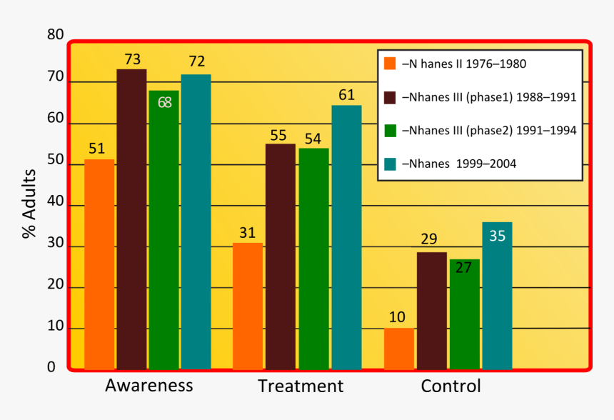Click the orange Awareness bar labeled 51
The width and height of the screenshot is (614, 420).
pos(99,264)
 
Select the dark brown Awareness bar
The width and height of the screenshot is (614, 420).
pos(131,219)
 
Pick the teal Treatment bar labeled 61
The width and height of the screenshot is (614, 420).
pos(346,237)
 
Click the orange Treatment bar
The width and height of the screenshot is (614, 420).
pos(248,306)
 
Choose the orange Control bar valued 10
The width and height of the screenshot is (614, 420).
pos(398,349)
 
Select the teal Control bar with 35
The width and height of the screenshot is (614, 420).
pos(497,296)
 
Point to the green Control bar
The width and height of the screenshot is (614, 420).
pos(464,314)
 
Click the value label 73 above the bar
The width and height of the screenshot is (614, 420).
pos(131,59)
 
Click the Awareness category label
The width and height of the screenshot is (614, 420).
pos(149,386)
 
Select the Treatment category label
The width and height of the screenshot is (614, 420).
pos(300,386)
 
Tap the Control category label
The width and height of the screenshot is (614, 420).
pos(451,386)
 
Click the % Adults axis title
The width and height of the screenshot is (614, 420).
pos(29,204)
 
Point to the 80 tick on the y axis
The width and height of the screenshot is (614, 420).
pos(55,35)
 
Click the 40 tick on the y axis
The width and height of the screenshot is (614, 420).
pos(55,205)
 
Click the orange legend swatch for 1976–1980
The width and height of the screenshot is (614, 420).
pos(390,64)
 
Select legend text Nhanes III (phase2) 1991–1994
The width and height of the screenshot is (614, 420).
pos(489,131)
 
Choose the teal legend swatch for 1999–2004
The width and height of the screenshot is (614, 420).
pos(390,164)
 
